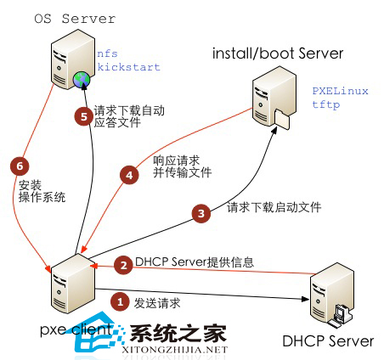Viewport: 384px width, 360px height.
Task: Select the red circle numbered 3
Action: click(200, 213)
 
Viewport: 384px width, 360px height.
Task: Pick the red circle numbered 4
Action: click(130, 176)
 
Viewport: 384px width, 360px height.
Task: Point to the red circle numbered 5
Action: click(82, 117)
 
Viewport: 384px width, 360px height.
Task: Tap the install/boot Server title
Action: click(277, 54)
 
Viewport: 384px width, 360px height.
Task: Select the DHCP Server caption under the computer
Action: click(328, 341)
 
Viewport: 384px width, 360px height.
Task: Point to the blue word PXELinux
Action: click(340, 88)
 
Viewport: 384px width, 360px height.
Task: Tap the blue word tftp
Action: click(327, 102)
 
